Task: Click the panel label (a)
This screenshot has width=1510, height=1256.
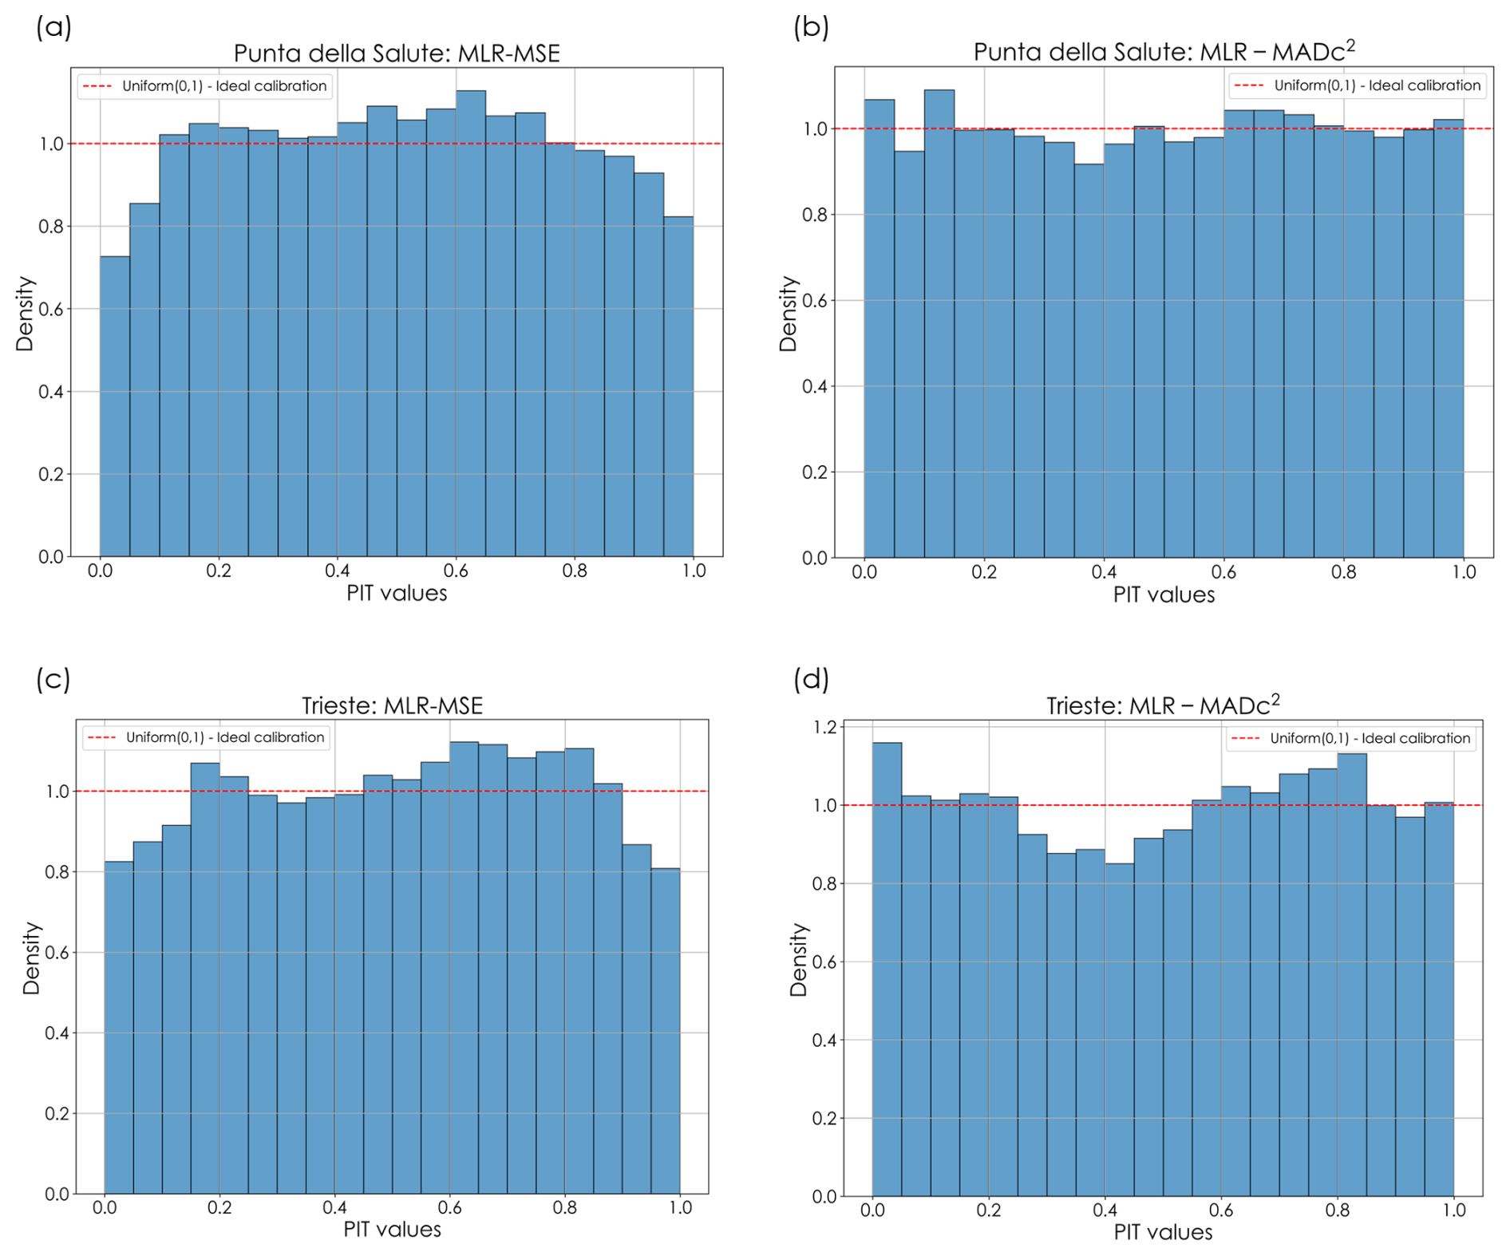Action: pos(53,27)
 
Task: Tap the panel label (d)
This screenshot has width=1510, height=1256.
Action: pos(811,679)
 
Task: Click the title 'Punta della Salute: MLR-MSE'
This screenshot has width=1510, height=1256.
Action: pos(397,53)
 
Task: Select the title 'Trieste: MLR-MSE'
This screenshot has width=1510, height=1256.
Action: pos(393,705)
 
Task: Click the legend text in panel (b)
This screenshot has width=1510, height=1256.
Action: pos(1377,85)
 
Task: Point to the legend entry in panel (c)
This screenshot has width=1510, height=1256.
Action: pos(207,737)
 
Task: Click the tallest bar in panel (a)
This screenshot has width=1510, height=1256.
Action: pos(471,323)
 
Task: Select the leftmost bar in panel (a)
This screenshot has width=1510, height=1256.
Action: pos(115,406)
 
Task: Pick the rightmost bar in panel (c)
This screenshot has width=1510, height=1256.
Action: pos(666,1031)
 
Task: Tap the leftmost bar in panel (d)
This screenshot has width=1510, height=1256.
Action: pos(887,970)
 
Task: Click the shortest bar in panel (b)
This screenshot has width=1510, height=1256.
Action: pos(1089,361)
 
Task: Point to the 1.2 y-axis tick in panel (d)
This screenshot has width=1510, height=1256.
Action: pos(824,727)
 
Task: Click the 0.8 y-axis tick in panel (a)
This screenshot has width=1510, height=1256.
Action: pos(51,227)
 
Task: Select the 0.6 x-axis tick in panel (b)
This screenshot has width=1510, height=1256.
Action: pos(1223,572)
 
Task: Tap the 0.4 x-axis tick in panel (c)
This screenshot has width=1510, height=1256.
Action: pos(334,1208)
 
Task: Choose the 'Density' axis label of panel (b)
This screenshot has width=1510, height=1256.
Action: pos(789,314)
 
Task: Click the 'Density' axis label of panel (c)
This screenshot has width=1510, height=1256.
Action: pos(31,958)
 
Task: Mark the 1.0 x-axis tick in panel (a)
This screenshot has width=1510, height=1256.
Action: pos(694,571)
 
